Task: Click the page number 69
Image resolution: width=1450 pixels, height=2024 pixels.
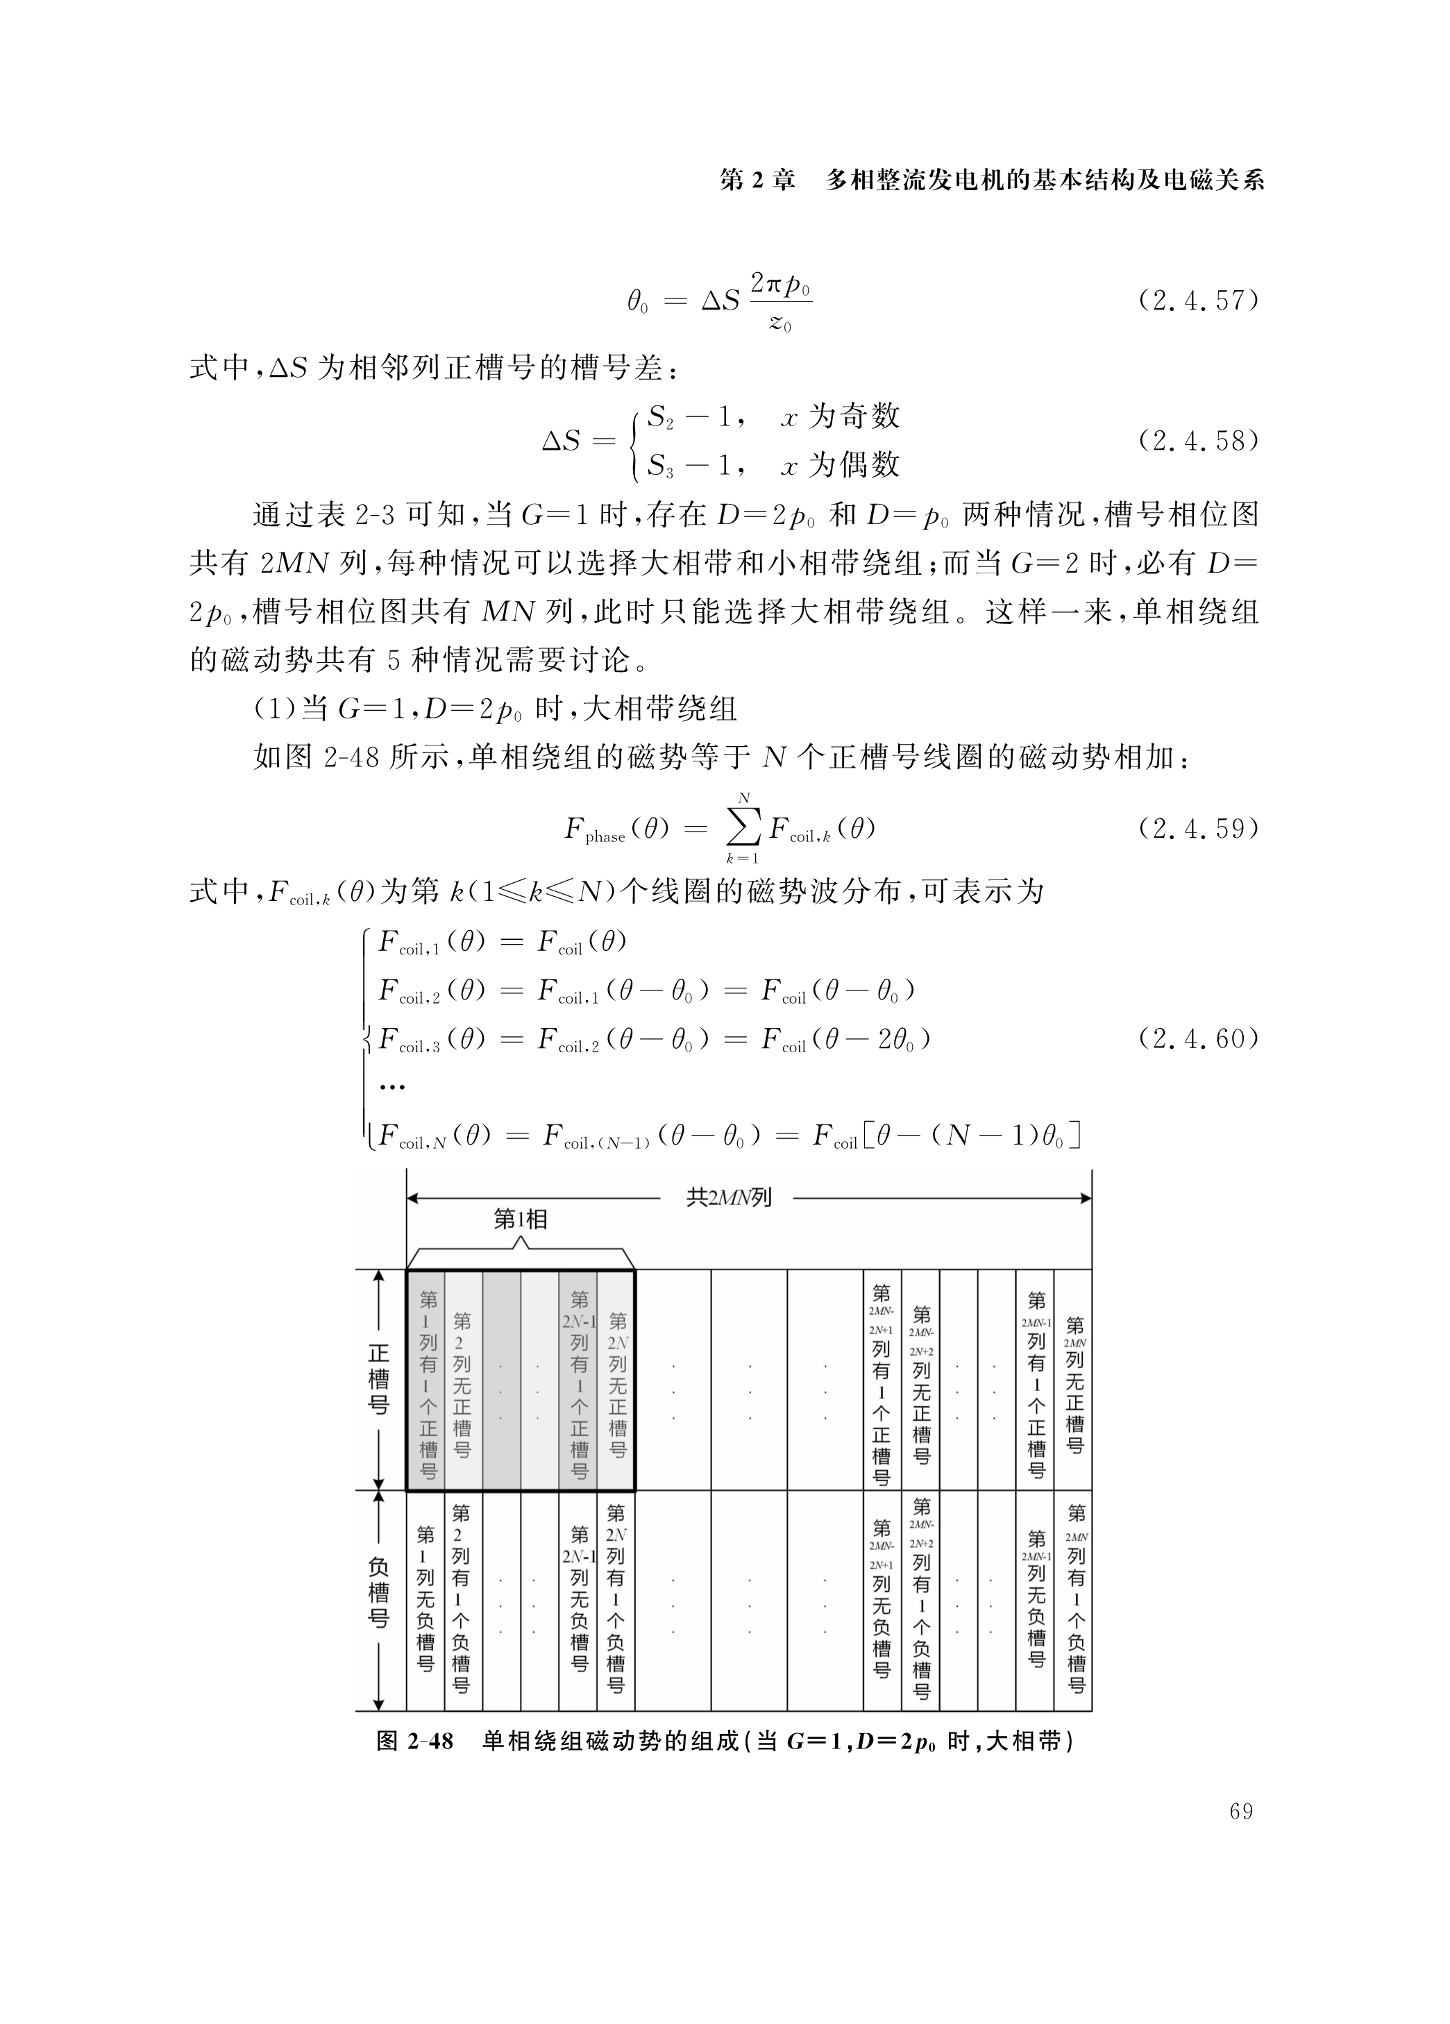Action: pyautogui.click(x=1240, y=1812)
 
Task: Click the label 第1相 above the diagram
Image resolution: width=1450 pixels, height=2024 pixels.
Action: pyautogui.click(x=520, y=1219)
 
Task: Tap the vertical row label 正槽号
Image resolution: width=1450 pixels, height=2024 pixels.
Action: pyautogui.click(x=378, y=1378)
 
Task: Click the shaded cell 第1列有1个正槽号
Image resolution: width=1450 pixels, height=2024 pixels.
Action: pyautogui.click(x=428, y=1384)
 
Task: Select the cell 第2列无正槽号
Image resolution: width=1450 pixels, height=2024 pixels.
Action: pyautogui.click(x=462, y=1384)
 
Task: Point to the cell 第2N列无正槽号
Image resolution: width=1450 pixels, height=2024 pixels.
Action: pyautogui.click(x=616, y=1384)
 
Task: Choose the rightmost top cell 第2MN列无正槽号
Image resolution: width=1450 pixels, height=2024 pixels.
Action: pyautogui.click(x=1074, y=1384)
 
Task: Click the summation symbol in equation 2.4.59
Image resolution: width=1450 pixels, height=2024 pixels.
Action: pyautogui.click(x=743, y=829)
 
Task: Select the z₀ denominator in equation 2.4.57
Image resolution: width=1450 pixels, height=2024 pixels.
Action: pyautogui.click(x=780, y=323)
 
